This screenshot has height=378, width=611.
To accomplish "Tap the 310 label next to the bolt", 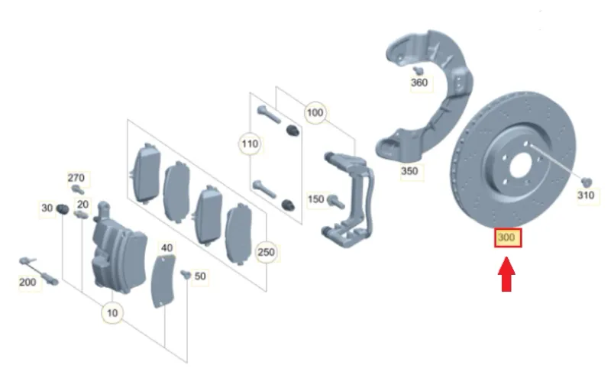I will pyautogui.click(x=585, y=196).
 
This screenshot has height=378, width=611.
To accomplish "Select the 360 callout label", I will pyautogui.click(x=419, y=82).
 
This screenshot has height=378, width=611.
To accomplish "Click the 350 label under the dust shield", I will pyautogui.click(x=409, y=171).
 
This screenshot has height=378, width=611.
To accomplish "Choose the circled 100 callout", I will pyautogui.click(x=314, y=112).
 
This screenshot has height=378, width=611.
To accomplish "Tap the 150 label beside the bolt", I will pyautogui.click(x=316, y=199).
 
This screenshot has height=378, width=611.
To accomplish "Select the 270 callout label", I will pyautogui.click(x=76, y=178).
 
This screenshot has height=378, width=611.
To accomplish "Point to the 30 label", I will pyautogui.click(x=47, y=208).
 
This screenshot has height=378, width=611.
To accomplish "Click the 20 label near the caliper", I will pyautogui.click(x=82, y=204).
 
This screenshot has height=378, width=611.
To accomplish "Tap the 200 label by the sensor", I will pyautogui.click(x=27, y=283).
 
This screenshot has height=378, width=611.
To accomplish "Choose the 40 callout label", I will pyautogui.click(x=166, y=247).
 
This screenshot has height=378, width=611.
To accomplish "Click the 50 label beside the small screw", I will pyautogui.click(x=200, y=276).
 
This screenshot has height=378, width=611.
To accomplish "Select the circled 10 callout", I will pyautogui.click(x=113, y=312).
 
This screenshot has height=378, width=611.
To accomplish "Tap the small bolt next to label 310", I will pyautogui.click(x=586, y=182).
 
